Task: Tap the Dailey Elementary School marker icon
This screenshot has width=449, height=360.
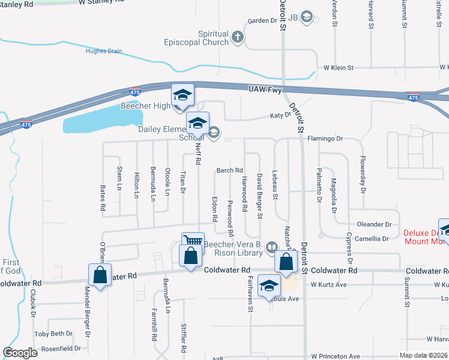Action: pos(197,124)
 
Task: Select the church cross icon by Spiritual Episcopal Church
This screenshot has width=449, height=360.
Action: pos(238,38)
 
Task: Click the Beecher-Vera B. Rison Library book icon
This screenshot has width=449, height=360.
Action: pos(271,247)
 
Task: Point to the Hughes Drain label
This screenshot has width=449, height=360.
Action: pos(104,52)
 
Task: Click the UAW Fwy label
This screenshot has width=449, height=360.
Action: pos(265,89)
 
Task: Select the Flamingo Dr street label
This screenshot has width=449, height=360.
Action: pos(325,139)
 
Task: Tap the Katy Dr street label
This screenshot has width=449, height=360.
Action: pos(280,115)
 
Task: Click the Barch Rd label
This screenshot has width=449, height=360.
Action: pos(229,170)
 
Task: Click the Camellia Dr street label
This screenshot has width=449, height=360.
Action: pos(372,239)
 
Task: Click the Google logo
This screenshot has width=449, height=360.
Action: pos(20,353)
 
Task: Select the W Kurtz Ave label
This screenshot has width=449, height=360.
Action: pos(330,284)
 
